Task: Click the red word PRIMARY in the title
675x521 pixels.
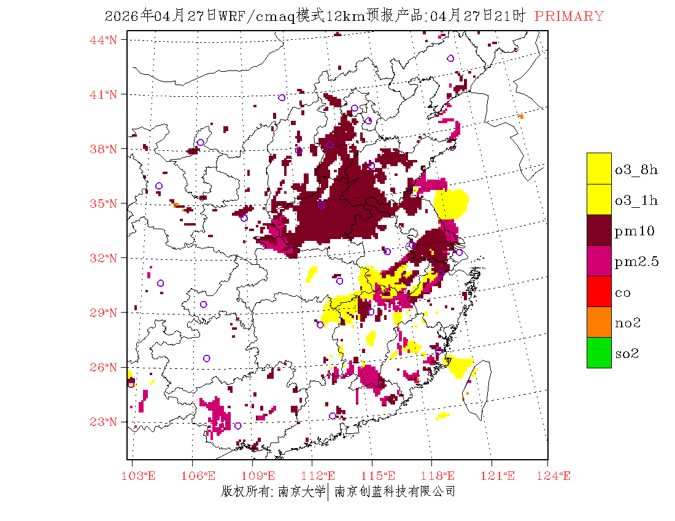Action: pos(569,17)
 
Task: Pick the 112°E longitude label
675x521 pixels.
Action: pos(322,476)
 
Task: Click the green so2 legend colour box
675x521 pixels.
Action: pos(599,352)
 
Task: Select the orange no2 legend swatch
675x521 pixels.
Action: pos(599,322)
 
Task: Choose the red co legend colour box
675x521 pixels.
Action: pos(599,291)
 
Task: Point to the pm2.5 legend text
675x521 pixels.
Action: pos(636,262)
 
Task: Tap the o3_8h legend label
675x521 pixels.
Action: pos(636,170)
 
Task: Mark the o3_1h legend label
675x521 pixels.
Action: pos(636,200)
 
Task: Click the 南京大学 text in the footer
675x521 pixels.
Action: pos(301,492)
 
